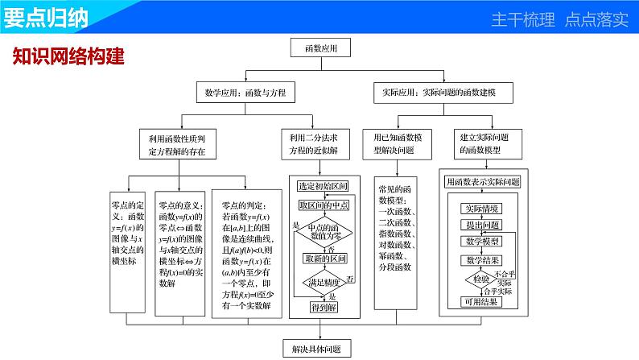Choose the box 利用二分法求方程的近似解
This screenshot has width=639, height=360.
tap(320, 143)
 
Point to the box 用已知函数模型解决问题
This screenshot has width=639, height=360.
tap(399, 143)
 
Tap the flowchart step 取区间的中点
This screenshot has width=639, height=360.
tap(323, 206)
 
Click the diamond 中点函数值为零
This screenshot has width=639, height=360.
tap(324, 232)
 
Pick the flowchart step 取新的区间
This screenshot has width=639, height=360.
tap(324, 259)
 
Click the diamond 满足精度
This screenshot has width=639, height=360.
tap(324, 282)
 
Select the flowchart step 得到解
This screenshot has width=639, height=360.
tap(324, 307)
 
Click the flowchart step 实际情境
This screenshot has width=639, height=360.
tap(482, 208)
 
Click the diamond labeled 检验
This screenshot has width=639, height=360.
tap(480, 279)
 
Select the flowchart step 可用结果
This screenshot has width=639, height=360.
tap(482, 302)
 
